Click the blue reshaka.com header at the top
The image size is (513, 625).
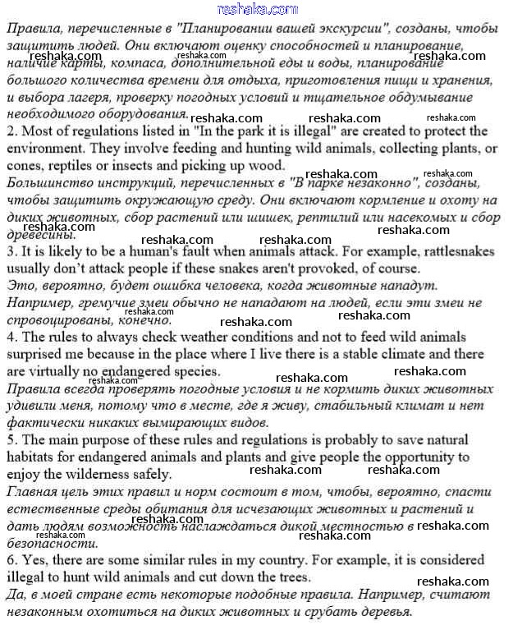coord(258,9)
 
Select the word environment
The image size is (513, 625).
coord(44,148)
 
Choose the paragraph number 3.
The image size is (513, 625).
coord(11,253)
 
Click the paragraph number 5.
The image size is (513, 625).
coord(11,440)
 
